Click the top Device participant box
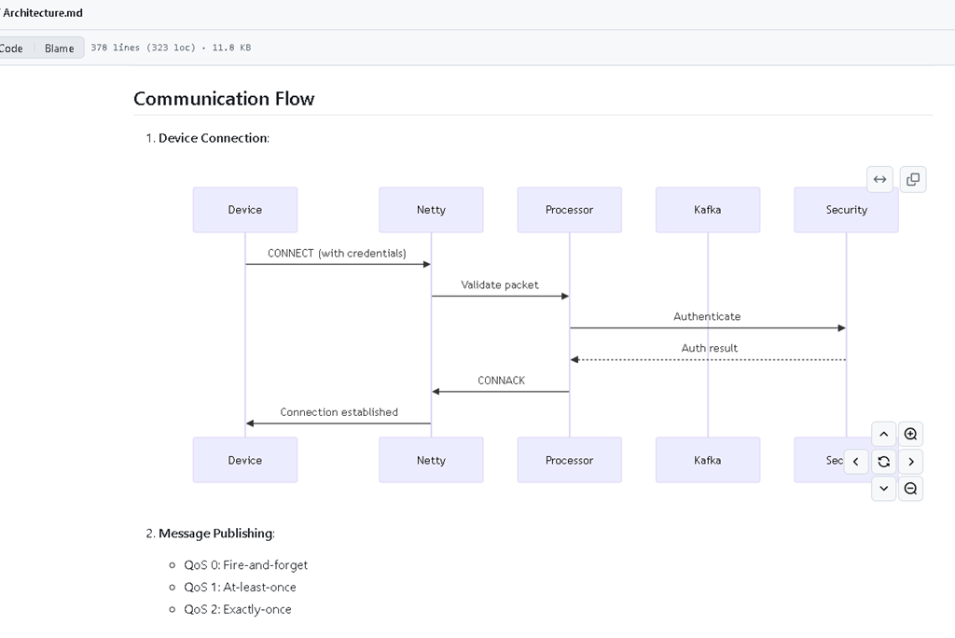(x=245, y=210)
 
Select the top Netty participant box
(x=431, y=210)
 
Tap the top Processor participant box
(x=570, y=210)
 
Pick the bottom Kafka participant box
(x=708, y=460)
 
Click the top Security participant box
(x=846, y=210)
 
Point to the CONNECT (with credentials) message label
(x=337, y=253)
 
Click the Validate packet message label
(x=500, y=284)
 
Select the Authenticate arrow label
(x=707, y=316)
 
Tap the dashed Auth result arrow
(x=708, y=359)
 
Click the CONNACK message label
(x=501, y=381)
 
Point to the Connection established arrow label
(x=339, y=412)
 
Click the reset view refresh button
(x=884, y=462)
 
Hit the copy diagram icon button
(x=913, y=179)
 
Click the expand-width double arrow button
(x=880, y=179)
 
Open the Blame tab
(x=59, y=49)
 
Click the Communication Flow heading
(x=224, y=99)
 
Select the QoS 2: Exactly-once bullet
(x=238, y=609)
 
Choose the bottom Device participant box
(x=245, y=460)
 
